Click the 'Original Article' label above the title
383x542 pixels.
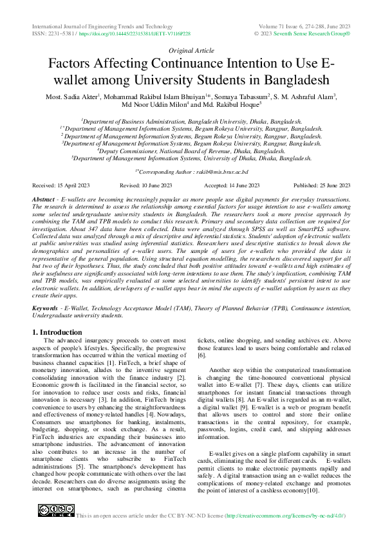(191, 50)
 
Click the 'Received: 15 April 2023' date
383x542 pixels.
(61, 185)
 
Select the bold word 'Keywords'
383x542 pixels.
(46, 309)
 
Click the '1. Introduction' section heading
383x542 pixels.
(57, 332)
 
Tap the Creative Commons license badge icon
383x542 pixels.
(56, 510)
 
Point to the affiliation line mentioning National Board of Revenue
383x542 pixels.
(191, 150)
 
